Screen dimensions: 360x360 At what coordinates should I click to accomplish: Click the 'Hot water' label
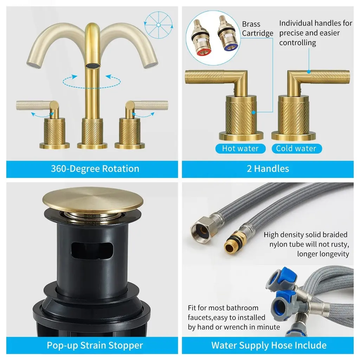click(x=240, y=148)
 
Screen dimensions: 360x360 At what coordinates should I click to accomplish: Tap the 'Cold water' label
click(x=296, y=148)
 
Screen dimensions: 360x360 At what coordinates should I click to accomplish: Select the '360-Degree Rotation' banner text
click(x=95, y=169)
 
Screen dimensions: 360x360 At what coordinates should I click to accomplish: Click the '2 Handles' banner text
click(x=268, y=169)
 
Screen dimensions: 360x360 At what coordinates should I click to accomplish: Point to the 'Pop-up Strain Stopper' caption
click(x=95, y=345)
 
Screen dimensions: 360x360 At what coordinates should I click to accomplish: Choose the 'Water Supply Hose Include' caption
click(x=269, y=345)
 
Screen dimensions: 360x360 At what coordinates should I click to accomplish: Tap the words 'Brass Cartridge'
click(x=257, y=29)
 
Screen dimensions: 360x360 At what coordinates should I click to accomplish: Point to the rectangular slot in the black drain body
click(x=92, y=251)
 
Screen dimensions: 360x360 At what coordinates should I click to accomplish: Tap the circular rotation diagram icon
click(x=159, y=25)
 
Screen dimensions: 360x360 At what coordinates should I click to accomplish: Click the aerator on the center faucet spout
click(x=93, y=66)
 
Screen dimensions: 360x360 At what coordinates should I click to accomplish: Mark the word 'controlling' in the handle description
click(x=297, y=43)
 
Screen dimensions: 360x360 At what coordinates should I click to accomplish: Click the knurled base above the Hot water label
click(x=241, y=117)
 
